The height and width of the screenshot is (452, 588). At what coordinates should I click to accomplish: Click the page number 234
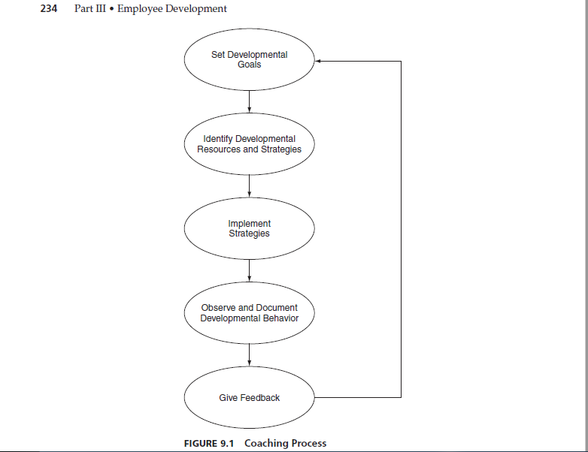[49, 8]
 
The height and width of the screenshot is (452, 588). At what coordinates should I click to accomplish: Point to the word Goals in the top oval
[250, 65]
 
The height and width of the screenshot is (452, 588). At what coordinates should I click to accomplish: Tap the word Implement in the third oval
[250, 224]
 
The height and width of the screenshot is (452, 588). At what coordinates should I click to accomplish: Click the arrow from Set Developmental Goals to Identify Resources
[250, 101]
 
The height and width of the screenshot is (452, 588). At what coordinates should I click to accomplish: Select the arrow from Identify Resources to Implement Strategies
[250, 186]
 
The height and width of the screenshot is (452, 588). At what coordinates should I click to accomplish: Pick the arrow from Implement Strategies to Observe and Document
[250, 270]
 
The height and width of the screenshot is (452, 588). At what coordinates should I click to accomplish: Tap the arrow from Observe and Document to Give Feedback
[250, 355]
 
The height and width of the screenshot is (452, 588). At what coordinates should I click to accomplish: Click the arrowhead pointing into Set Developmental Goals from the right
[317, 61]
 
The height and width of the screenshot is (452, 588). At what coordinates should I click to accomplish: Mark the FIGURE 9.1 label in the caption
[209, 444]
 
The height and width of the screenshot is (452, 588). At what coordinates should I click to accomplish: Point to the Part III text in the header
[90, 8]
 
